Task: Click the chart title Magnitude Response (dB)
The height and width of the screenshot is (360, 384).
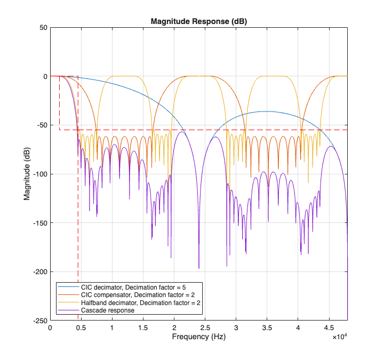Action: (198, 22)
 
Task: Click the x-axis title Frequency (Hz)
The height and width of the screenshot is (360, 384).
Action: (198, 338)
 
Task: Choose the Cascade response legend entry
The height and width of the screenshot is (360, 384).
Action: (107, 310)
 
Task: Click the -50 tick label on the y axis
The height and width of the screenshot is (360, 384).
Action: (41, 125)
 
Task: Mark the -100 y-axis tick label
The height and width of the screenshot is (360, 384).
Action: (39, 174)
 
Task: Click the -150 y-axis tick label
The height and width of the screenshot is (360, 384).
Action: (39, 223)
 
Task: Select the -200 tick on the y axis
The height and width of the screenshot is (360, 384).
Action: (39, 272)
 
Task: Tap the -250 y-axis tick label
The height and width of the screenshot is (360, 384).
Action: (39, 321)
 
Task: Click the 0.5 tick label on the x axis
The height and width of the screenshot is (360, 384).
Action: (81, 329)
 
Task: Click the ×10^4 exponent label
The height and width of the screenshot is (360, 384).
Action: (340, 338)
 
